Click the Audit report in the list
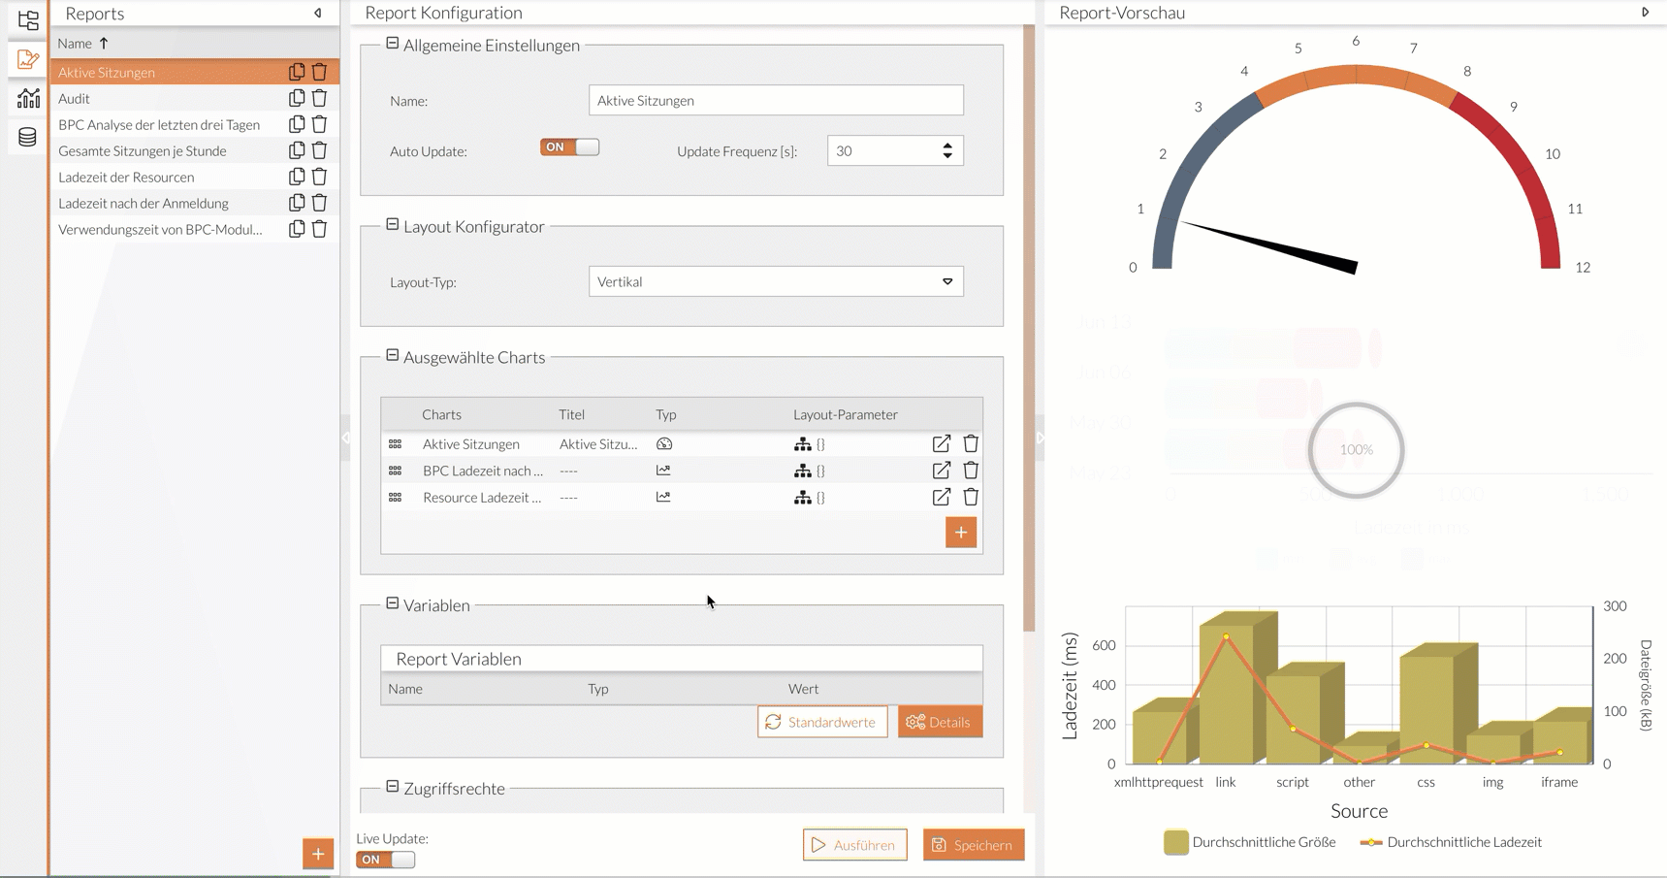[x=75, y=99]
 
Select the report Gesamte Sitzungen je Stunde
[x=143, y=151]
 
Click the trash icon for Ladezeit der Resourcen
[x=319, y=177]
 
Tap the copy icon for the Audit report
[x=297, y=98]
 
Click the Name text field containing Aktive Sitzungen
[x=775, y=101]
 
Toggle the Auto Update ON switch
[x=569, y=147]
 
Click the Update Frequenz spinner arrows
[x=947, y=150]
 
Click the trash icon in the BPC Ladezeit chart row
[x=971, y=471]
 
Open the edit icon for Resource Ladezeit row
[x=941, y=497]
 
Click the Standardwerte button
[x=822, y=722]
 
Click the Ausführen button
[x=854, y=845]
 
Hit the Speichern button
[x=973, y=845]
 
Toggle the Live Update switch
[x=385, y=860]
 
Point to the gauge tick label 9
[x=1513, y=107]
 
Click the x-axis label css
[x=1426, y=782]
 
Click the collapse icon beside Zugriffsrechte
[x=393, y=787]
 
